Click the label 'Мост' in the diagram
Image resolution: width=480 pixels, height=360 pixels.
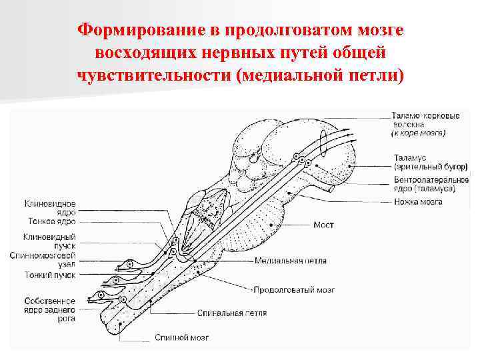pyautogui.click(x=324, y=225)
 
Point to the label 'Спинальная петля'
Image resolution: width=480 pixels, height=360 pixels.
pyautogui.click(x=233, y=313)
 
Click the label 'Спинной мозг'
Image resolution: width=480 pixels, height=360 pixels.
pyautogui.click(x=177, y=337)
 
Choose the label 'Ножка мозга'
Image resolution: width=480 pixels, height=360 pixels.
pyautogui.click(x=418, y=201)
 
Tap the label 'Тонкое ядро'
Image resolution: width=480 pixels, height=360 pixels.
pyautogui.click(x=51, y=221)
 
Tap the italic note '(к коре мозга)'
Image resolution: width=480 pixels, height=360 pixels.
pyautogui.click(x=419, y=133)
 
